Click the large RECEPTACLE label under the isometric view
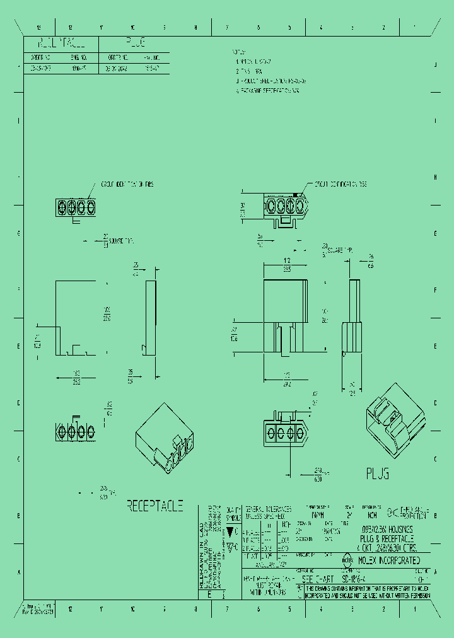pyautogui.click(x=155, y=506)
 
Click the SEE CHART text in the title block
pyautogui.click(x=319, y=579)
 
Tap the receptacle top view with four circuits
pyautogui.click(x=75, y=207)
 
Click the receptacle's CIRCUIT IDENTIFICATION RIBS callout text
pyautogui.click(x=127, y=185)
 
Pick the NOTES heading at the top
pyautogui.click(x=239, y=53)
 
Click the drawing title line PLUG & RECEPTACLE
pyautogui.click(x=386, y=539)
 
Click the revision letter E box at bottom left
pyautogui.click(x=209, y=594)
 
